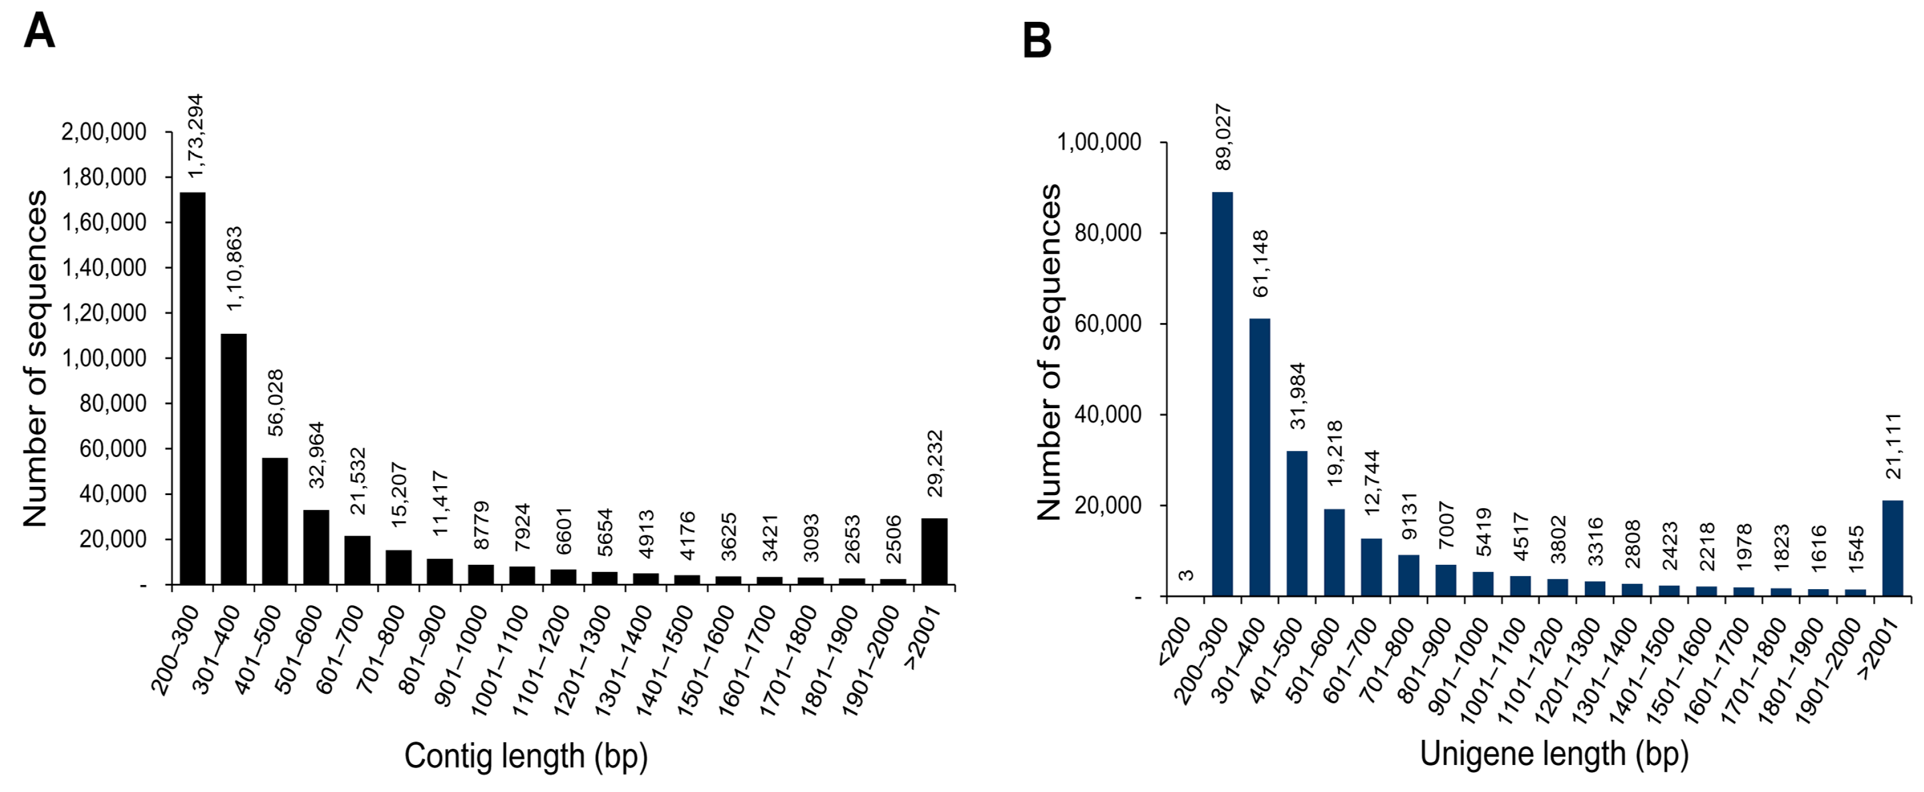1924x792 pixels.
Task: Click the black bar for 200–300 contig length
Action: (193, 388)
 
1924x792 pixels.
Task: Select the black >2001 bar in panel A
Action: (934, 551)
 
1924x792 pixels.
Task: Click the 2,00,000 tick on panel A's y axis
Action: (103, 132)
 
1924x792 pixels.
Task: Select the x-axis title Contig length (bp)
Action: (526, 756)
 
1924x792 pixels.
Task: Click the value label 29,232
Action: (935, 463)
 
